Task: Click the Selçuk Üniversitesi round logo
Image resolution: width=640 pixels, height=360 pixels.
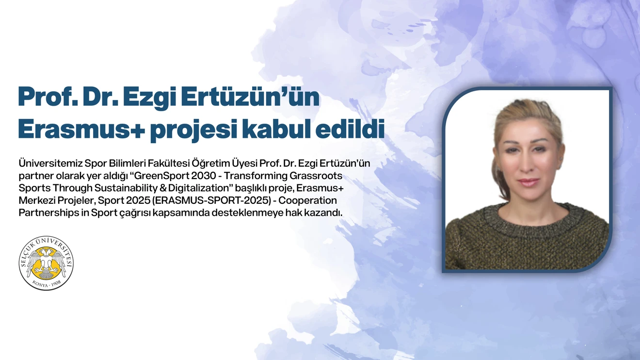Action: click(x=46, y=263)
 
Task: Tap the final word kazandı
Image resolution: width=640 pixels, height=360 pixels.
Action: click(x=324, y=213)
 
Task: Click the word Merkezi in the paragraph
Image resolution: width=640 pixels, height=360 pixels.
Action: click(x=35, y=200)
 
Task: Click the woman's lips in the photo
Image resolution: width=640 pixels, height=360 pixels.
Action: click(x=528, y=183)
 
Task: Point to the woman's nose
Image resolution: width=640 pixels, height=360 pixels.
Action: click(x=529, y=167)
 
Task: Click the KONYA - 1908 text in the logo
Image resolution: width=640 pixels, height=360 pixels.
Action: click(x=46, y=283)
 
